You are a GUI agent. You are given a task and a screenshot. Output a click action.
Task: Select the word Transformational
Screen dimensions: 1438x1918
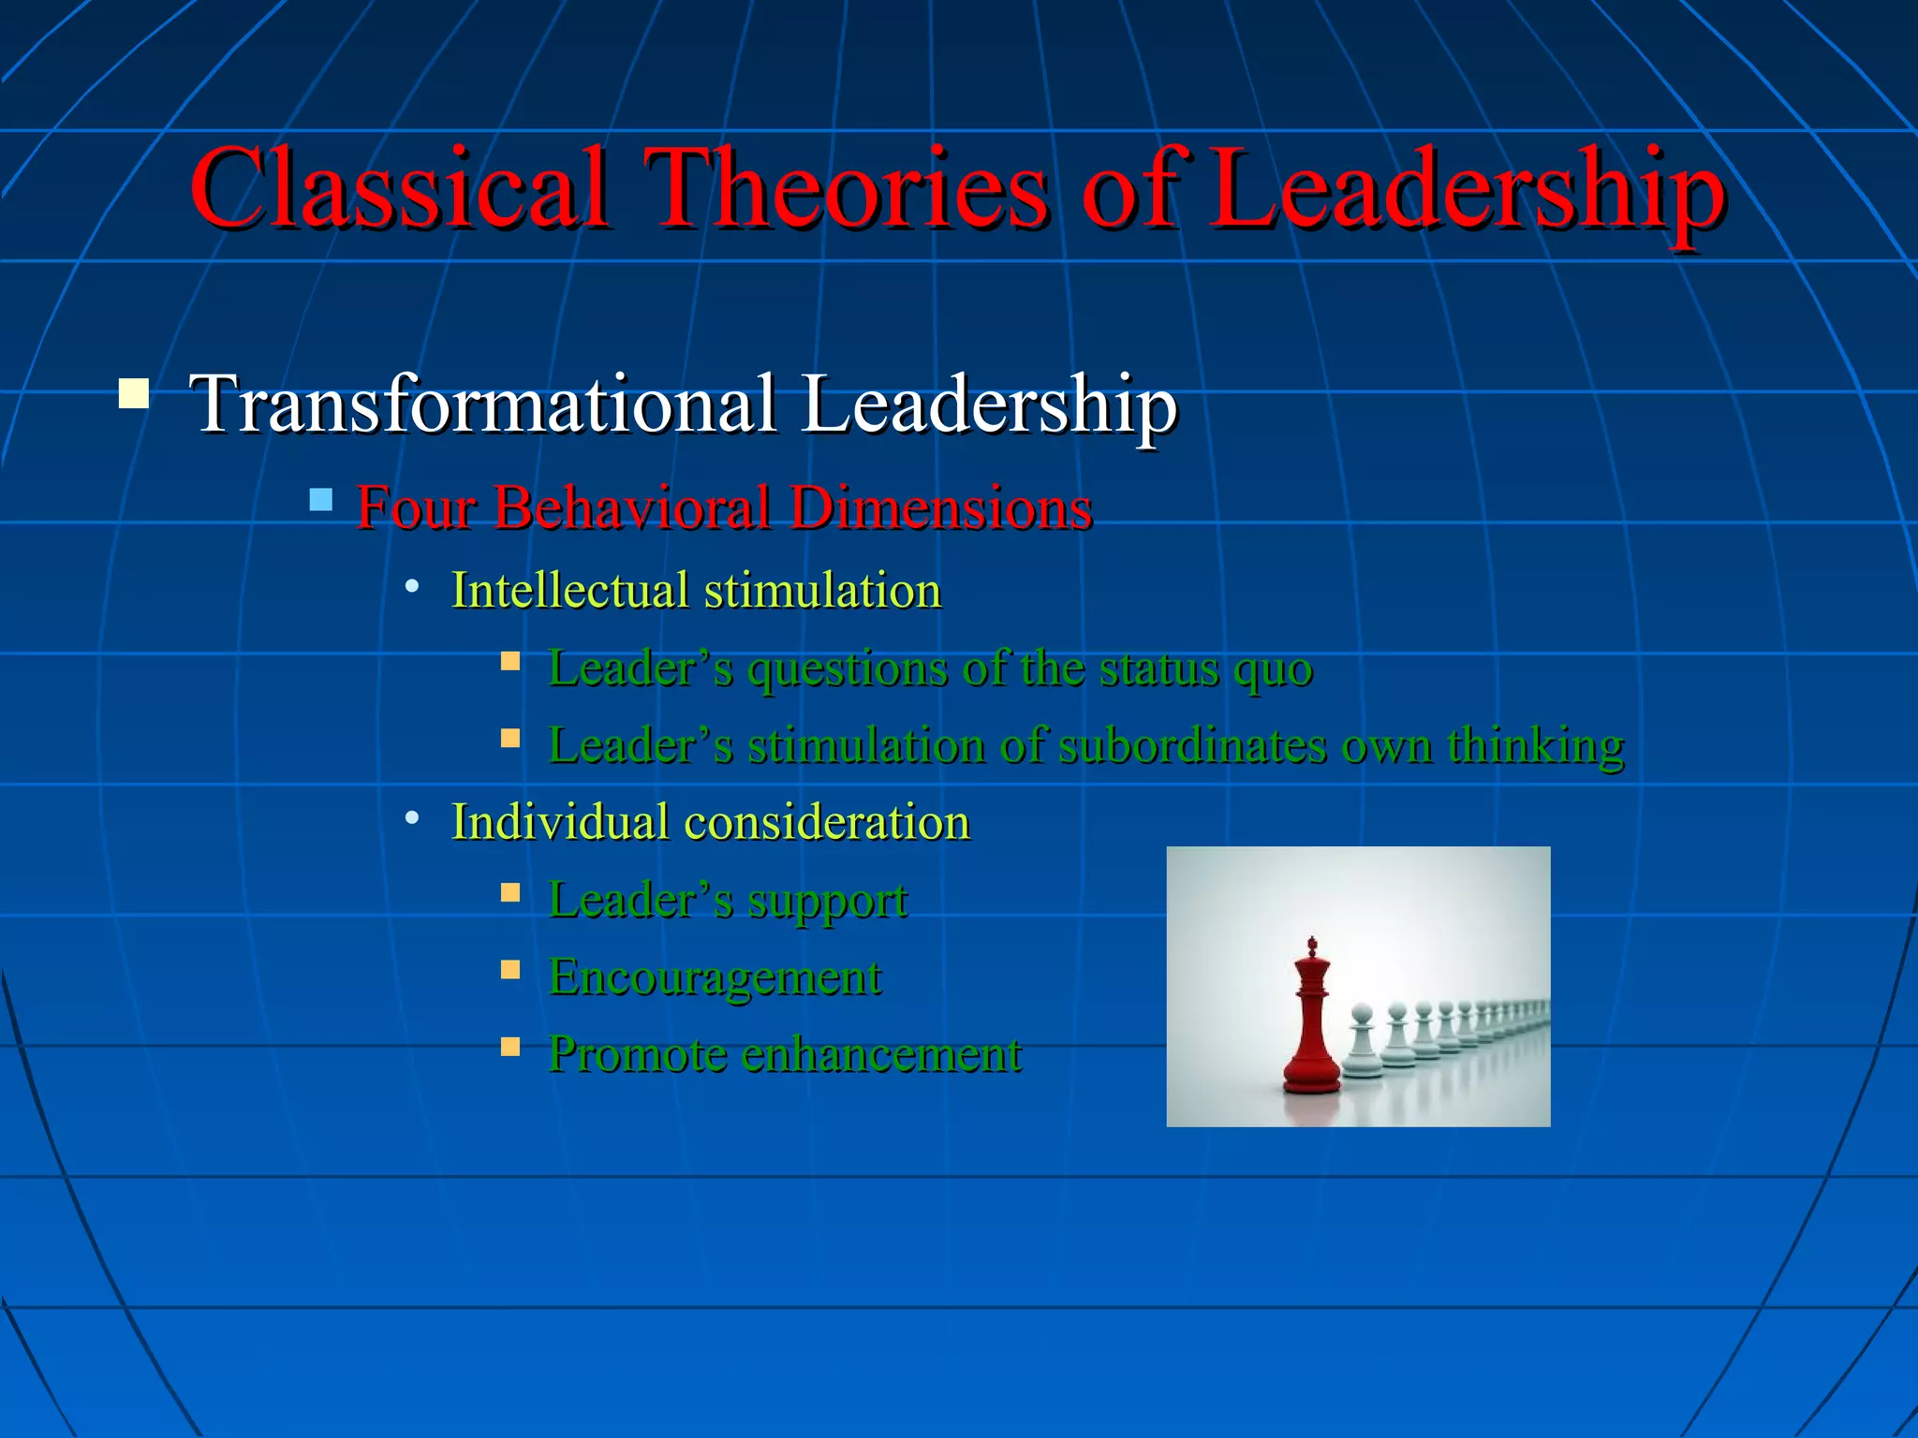483,404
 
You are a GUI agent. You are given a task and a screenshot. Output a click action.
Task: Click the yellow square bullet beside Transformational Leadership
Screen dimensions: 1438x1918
134,393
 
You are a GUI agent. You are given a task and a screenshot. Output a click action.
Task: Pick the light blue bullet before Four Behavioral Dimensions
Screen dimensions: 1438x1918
320,499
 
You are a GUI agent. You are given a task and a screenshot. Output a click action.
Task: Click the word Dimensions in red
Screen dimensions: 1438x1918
940,508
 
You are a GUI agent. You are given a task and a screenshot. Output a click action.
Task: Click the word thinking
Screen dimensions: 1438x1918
1535,746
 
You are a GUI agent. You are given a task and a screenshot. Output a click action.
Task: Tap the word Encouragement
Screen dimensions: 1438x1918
715,978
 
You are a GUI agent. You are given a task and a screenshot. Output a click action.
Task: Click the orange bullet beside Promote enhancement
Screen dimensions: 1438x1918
510,1046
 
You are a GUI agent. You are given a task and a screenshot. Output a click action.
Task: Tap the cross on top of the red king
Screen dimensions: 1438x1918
1312,943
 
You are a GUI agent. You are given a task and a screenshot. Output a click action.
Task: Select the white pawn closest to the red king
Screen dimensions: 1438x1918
1363,1044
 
